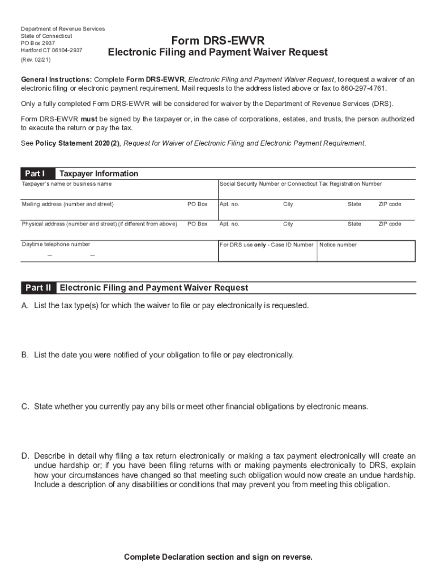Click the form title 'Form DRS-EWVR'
[x=218, y=41]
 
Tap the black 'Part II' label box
[x=39, y=288]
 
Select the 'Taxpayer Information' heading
[x=99, y=173]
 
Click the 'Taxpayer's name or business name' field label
[x=67, y=184]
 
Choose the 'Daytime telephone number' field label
[x=55, y=244]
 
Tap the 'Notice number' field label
[x=338, y=245]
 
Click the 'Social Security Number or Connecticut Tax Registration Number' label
[x=301, y=184]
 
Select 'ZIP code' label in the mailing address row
[x=390, y=204]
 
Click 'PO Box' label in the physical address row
[x=198, y=224]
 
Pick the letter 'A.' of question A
[x=25, y=305]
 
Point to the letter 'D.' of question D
[x=25, y=456]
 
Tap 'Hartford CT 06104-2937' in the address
[x=52, y=50]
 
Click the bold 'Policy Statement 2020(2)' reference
[x=78, y=143]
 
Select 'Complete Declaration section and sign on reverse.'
[x=218, y=557]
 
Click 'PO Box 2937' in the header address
[x=38, y=42]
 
